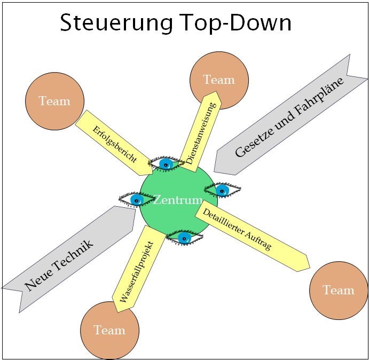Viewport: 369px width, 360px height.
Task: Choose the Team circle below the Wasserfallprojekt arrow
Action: (109, 330)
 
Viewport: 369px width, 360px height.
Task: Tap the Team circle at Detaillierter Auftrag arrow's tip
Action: (339, 291)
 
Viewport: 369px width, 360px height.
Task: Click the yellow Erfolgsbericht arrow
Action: (114, 143)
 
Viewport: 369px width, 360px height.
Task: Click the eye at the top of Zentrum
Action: (166, 164)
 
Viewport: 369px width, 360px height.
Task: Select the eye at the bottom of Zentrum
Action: (184, 237)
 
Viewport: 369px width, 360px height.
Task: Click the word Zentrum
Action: (178, 200)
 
